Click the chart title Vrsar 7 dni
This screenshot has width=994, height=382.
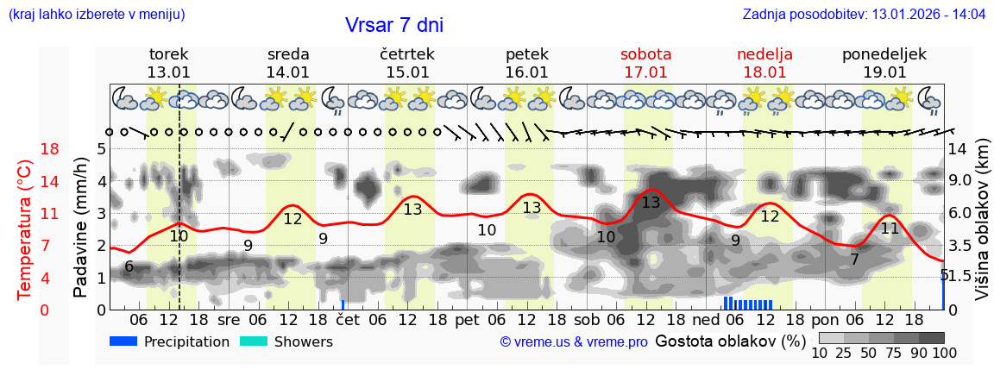tap(394, 25)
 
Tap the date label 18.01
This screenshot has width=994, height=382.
tap(764, 72)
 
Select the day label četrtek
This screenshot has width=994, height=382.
tap(406, 54)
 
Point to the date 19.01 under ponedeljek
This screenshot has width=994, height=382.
tap(884, 72)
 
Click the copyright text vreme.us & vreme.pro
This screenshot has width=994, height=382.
tap(574, 341)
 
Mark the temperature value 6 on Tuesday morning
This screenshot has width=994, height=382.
tap(129, 266)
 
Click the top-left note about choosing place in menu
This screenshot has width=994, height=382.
tap(97, 15)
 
